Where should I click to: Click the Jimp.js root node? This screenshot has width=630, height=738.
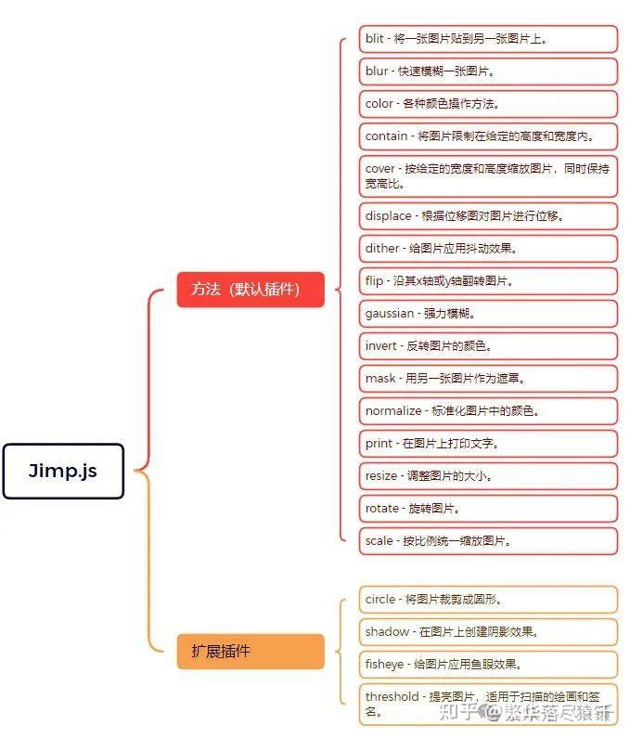pyautogui.click(x=63, y=471)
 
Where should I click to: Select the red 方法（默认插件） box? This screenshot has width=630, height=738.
pyautogui.click(x=251, y=290)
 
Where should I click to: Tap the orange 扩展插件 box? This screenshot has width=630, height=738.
pyautogui.click(x=251, y=651)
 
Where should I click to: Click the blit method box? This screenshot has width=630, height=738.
pyautogui.click(x=488, y=39)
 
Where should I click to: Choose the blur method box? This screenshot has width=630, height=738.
pyautogui.click(x=488, y=71)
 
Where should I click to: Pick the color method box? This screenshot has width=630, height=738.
pyautogui.click(x=488, y=104)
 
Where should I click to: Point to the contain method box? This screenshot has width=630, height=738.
pyautogui.click(x=488, y=136)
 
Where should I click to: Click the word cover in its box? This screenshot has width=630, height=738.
pyautogui.click(x=379, y=169)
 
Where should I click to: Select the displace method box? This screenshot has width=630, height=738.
pyautogui.click(x=488, y=216)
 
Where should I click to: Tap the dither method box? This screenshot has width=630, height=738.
pyautogui.click(x=488, y=249)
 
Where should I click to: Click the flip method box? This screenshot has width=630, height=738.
pyautogui.click(x=488, y=281)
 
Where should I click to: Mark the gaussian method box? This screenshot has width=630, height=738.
pyautogui.click(x=488, y=314)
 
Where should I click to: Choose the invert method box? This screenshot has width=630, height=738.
pyautogui.click(x=488, y=346)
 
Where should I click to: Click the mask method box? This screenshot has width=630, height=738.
pyautogui.click(x=488, y=379)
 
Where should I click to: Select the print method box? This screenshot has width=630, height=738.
pyautogui.click(x=488, y=444)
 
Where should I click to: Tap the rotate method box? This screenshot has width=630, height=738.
pyautogui.click(x=488, y=509)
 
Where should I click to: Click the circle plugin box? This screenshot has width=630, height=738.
pyautogui.click(x=488, y=600)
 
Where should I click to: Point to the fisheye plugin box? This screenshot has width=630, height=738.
pyautogui.click(x=488, y=665)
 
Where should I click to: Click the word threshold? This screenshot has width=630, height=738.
pyautogui.click(x=392, y=696)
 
